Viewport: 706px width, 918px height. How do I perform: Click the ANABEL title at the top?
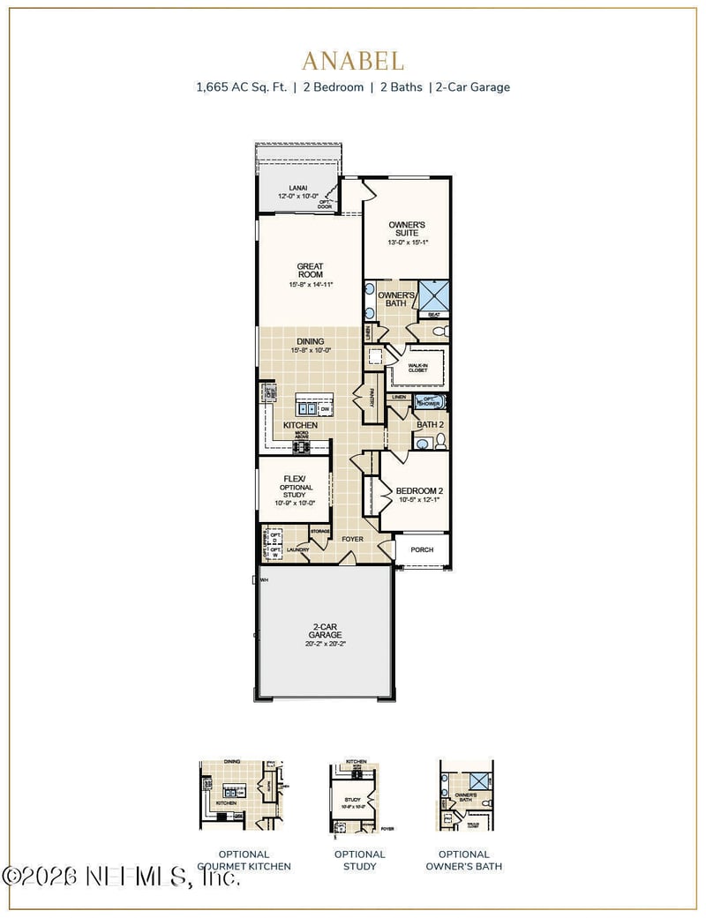(353, 61)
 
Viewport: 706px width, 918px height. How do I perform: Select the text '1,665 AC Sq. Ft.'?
(241, 87)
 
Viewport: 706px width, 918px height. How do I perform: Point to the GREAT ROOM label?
(310, 271)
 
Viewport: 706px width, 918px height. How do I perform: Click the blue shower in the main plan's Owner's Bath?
(433, 294)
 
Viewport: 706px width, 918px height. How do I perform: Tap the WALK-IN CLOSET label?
(417, 368)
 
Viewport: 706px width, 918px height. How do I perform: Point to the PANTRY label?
(372, 397)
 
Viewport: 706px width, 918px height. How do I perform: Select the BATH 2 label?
(429, 424)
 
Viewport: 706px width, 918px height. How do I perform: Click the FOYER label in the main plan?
(353, 539)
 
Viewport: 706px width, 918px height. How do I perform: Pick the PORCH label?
(422, 549)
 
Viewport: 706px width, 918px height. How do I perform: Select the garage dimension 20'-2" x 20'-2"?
(324, 644)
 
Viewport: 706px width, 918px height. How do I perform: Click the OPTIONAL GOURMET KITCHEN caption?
(244, 860)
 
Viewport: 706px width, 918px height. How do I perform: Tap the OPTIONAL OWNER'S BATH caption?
(464, 860)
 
